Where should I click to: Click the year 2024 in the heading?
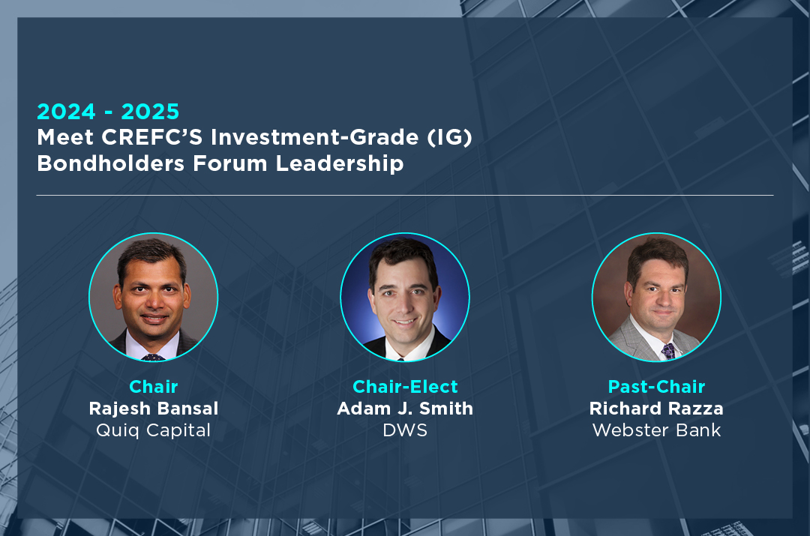point(66,112)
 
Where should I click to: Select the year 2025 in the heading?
point(150,112)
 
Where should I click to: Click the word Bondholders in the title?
point(110,163)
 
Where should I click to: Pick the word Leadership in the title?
point(340,163)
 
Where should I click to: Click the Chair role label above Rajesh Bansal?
point(154,386)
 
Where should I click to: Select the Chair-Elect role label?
point(405,386)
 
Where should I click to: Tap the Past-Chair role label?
point(656,386)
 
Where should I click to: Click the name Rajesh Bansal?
point(154,409)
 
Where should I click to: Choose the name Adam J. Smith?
point(405,409)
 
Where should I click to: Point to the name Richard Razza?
point(656,409)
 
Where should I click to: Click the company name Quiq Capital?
point(154,430)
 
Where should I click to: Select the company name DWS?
point(405,430)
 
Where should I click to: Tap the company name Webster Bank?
point(656,430)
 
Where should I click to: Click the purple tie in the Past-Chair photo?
point(668,352)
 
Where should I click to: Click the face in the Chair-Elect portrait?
point(404,300)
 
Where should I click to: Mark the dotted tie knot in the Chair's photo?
point(153,357)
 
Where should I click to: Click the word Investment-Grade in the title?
point(314,137)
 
